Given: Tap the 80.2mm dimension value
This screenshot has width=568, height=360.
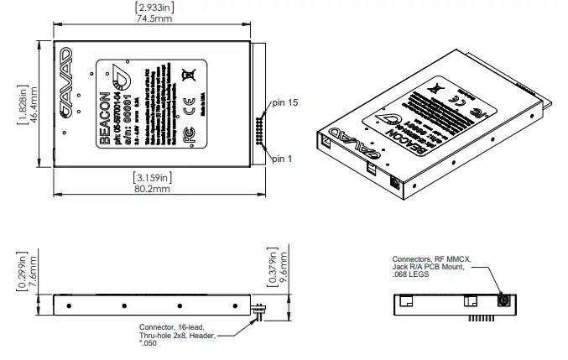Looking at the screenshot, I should point(154,190).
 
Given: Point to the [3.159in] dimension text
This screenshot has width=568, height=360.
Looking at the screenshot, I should point(154,177).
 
